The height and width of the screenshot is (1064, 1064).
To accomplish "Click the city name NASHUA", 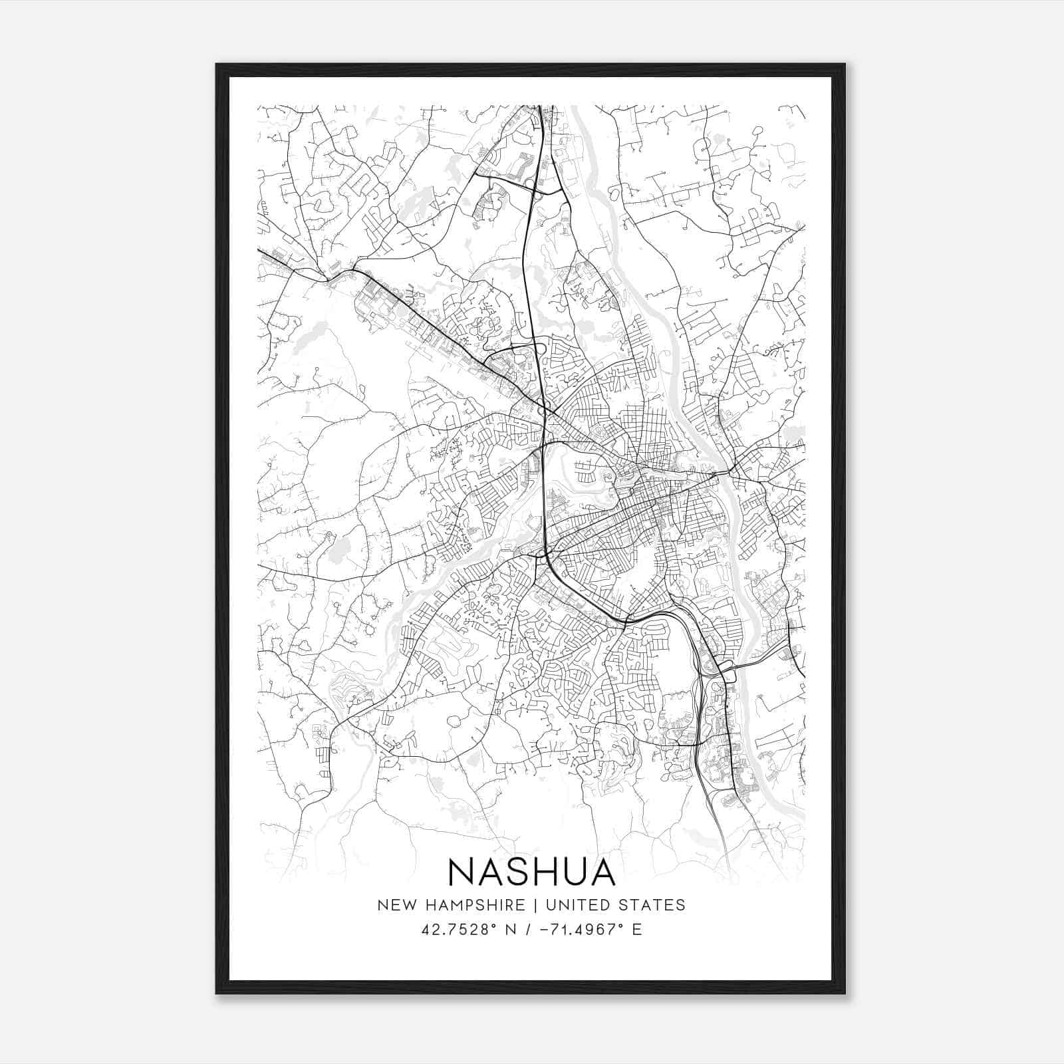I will click(531, 871).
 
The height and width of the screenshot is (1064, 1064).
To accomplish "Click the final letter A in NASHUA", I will click(602, 871).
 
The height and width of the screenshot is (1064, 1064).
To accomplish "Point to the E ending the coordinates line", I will click(637, 929).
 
